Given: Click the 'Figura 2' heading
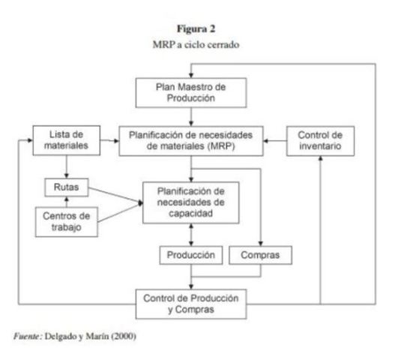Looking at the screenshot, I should coord(200,30).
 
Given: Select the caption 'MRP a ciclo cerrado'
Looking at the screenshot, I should coord(200,43).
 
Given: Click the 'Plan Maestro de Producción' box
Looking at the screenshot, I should coord(192,92).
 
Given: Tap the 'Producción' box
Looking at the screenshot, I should coord(191,255).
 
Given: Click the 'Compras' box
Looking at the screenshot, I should coord(259,255).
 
